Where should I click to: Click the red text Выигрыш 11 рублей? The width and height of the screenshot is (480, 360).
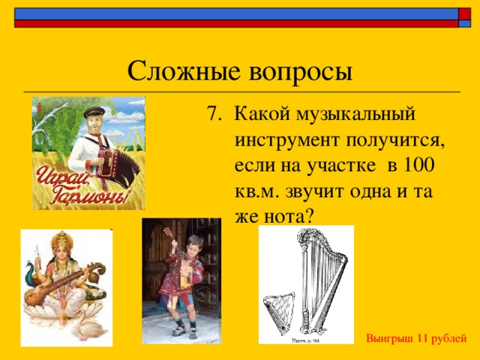416,339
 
